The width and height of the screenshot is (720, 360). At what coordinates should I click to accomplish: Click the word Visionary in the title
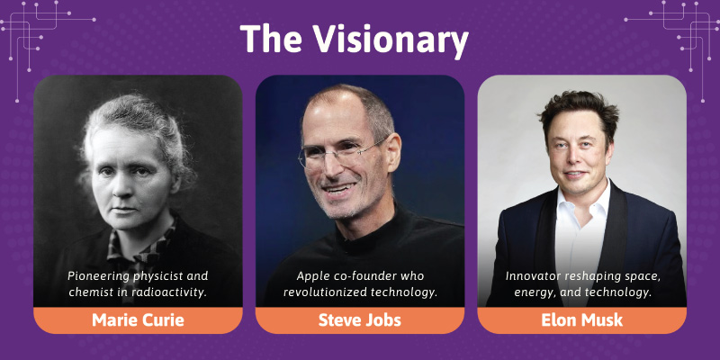pos(391,40)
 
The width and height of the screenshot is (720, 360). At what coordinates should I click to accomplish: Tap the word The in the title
pos(271,38)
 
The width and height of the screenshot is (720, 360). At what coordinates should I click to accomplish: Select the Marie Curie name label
pos(138,320)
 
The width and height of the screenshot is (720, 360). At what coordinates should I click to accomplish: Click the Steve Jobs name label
pos(359,320)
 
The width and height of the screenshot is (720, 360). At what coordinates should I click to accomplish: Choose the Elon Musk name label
pos(581,320)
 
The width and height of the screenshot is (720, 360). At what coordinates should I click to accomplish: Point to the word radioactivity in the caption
pos(175,292)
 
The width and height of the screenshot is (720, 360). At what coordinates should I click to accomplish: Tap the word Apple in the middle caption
pos(310,276)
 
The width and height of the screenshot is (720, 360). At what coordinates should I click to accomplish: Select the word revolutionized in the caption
pos(316,292)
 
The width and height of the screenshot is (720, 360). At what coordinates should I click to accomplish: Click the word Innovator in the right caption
pos(527,276)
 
